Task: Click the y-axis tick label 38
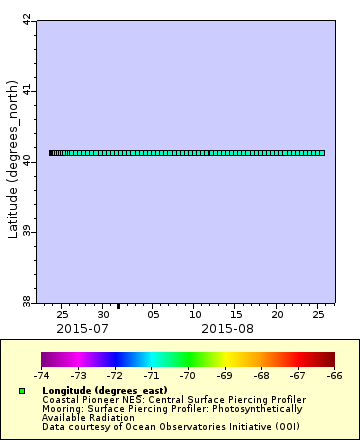click(27, 300)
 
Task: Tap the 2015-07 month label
click(82, 328)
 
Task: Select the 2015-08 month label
click(227, 328)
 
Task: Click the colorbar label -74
click(41, 376)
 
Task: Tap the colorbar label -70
click(187, 376)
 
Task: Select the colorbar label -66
click(334, 376)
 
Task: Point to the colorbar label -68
click(261, 376)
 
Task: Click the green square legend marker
click(22, 390)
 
